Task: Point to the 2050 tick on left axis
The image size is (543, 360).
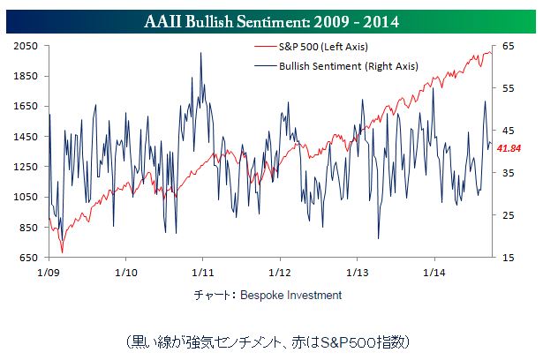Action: pos(26,46)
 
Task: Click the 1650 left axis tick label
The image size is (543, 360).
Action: pos(26,106)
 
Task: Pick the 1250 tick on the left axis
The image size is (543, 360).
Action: pos(26,167)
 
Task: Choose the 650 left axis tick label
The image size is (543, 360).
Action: pos(27,258)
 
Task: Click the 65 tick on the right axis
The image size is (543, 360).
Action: pos(508,46)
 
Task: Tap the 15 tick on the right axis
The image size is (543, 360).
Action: pos(508,258)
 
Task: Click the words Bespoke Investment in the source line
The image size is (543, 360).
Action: pos(290,295)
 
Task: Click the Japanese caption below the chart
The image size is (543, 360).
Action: pos(270,340)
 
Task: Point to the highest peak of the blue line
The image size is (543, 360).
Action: pos(201,53)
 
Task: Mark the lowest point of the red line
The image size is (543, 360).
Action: pos(62,252)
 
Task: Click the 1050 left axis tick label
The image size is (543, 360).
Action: pos(26,198)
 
